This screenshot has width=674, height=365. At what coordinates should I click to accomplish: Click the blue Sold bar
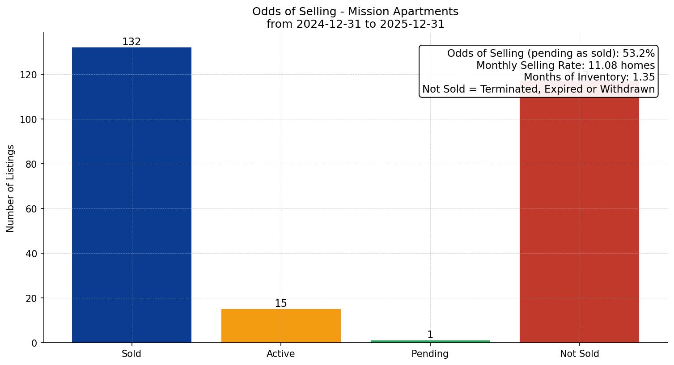point(131,195)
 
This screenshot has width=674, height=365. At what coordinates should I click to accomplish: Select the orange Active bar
point(281,326)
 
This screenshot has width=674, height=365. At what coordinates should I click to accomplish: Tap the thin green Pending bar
point(430,341)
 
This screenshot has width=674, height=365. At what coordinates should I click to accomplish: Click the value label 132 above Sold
point(131,42)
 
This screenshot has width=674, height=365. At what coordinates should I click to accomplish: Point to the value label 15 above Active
point(281,304)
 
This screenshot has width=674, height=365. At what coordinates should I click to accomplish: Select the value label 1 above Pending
point(430,335)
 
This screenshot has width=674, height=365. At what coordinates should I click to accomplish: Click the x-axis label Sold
point(131,354)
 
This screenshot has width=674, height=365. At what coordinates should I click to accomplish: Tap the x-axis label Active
point(281,354)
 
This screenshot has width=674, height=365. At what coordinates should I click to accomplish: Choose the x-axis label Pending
point(430,354)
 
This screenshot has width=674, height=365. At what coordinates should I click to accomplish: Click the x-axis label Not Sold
point(579,354)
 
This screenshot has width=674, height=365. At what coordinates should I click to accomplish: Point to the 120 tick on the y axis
point(29,75)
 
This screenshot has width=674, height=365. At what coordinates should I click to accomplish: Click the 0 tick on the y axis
point(34,343)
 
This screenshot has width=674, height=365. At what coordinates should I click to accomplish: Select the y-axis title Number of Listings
point(11,188)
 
